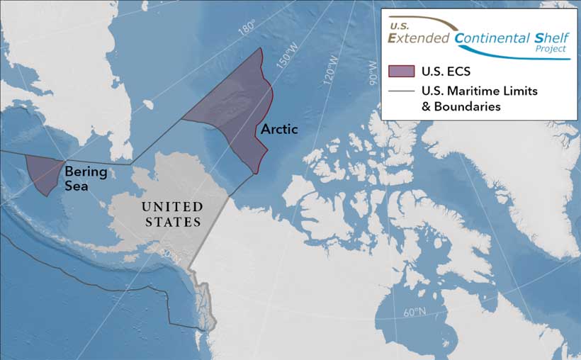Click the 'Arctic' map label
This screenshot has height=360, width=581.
point(279,130)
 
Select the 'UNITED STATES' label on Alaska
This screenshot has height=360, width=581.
point(172,213)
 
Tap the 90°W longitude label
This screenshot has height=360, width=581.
point(373,70)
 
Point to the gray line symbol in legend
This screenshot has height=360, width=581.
point(401,91)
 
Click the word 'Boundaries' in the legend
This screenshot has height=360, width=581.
point(468,106)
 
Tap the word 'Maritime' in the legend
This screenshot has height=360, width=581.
point(479,91)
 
